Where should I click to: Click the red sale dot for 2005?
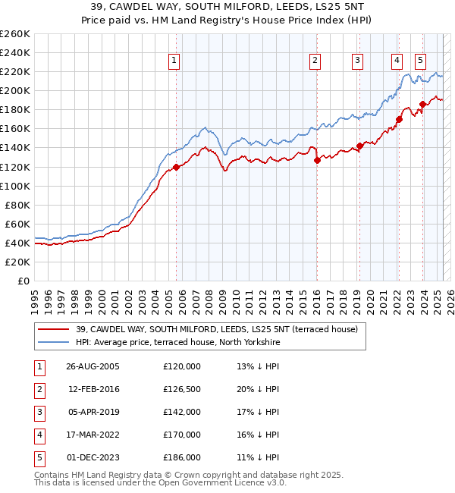point(176,167)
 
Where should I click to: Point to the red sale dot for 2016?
point(317,160)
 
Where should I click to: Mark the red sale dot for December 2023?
point(422,105)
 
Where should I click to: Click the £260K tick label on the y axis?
point(14,34)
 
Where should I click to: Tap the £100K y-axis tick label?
point(14,186)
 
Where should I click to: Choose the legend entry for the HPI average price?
point(178,343)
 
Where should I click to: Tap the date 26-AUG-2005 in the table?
point(93,366)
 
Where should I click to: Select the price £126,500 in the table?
point(181,389)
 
